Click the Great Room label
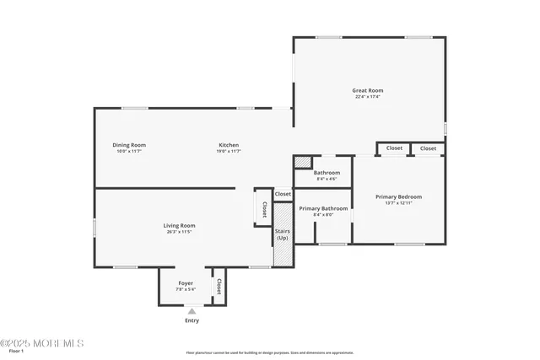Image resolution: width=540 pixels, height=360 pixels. [368, 90]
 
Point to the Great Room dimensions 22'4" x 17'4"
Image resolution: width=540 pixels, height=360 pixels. [368, 97]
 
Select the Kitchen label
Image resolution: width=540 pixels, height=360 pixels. [229, 145]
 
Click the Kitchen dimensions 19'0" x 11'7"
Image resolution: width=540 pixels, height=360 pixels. [229, 152]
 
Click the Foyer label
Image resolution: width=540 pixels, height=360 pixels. [186, 282]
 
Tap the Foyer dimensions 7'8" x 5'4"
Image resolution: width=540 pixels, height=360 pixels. [186, 289]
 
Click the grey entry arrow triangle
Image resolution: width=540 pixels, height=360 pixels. [192, 311]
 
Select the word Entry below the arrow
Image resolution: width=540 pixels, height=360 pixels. [192, 320]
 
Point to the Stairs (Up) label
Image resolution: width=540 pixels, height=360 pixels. [282, 234]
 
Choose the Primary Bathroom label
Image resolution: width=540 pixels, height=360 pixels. [323, 208]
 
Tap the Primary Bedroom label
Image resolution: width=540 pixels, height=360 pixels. [398, 196]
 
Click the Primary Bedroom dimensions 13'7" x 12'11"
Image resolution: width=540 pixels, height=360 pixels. [398, 203]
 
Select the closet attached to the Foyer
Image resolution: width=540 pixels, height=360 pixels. [219, 285]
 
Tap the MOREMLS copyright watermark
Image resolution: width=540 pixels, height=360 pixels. [42, 343]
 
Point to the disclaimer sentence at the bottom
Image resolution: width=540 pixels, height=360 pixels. [270, 353]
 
